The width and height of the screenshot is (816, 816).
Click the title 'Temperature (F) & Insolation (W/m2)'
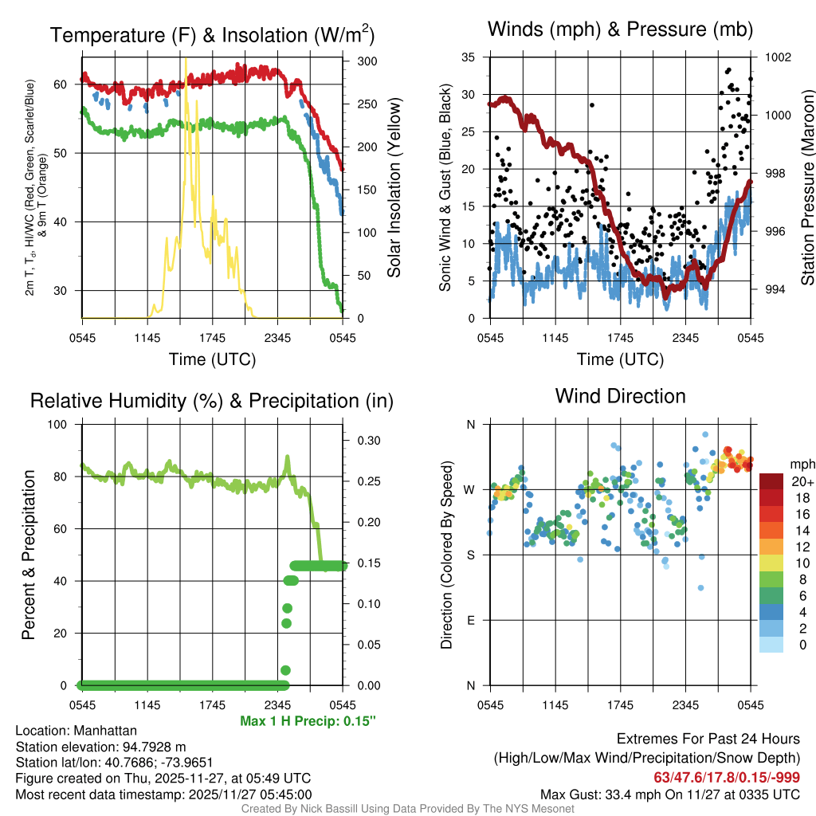click(213, 35)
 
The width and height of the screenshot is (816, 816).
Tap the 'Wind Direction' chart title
click(620, 396)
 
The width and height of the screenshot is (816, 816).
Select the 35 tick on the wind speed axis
click(469, 57)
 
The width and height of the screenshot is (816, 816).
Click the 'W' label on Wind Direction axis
click(470, 489)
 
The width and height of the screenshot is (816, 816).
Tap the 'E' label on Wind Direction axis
click(471, 620)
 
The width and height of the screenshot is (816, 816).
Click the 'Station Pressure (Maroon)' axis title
click(806, 187)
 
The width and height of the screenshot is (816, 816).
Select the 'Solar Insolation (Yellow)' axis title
click(394, 187)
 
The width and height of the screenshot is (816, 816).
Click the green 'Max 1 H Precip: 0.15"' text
click(308, 721)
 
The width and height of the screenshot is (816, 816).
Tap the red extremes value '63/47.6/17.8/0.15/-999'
click(727, 777)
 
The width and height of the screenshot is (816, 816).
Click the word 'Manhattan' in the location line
click(104, 731)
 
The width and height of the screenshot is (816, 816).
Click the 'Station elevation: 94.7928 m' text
click(100, 747)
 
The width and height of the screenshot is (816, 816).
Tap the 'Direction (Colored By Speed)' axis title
click(446, 554)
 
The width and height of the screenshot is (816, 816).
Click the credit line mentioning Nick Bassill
click(407, 809)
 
